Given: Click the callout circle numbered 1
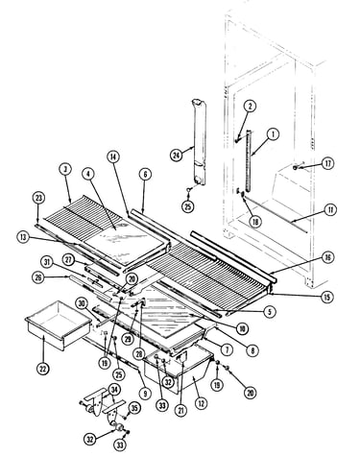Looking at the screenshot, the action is (273, 134).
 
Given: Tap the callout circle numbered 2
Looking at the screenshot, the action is (251, 107).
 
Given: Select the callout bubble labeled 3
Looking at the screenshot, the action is (65, 170).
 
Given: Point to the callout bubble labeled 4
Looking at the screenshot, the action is (88, 174).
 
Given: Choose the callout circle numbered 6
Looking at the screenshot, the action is (145, 175).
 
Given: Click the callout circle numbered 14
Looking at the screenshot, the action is (113, 157).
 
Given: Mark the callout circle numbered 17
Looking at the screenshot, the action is (327, 164).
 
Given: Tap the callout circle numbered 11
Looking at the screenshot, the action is (330, 210).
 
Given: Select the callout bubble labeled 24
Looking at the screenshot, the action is (176, 156).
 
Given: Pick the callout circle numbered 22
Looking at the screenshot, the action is (43, 369).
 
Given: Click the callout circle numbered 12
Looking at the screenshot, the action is (201, 404).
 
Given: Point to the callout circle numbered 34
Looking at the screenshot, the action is (114, 390).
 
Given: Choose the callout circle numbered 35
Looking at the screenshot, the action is (134, 408).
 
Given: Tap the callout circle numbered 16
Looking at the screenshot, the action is (327, 257).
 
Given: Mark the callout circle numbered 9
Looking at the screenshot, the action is (145, 393).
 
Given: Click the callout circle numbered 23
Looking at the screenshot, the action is (38, 198).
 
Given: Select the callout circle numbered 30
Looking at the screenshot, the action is (83, 303).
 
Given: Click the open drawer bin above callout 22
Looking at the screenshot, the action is (58, 324).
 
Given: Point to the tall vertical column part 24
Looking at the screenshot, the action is (199, 142).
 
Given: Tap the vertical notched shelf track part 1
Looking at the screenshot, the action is (249, 160).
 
